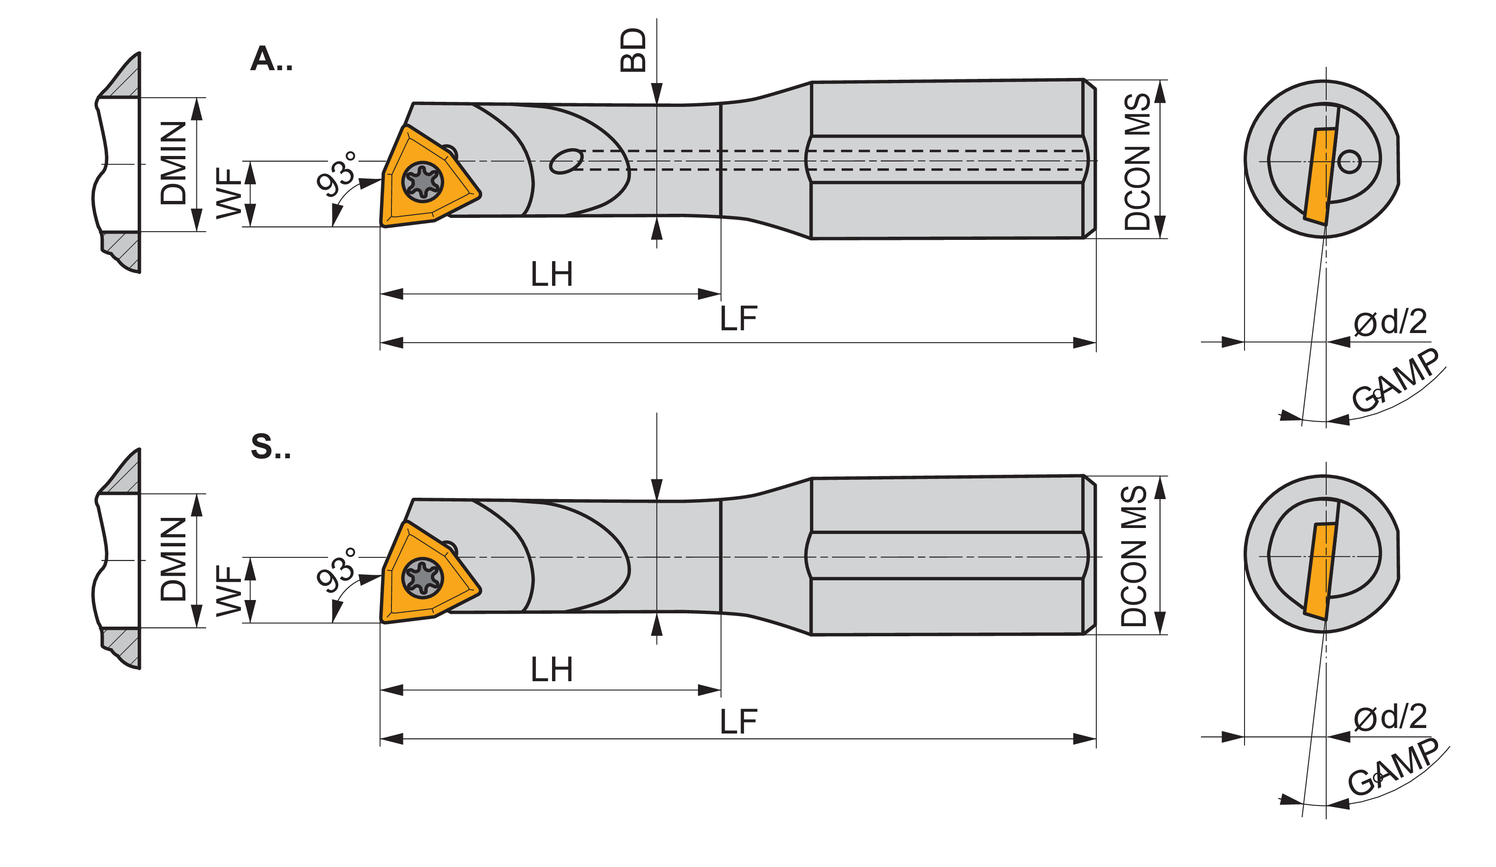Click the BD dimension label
point(633,50)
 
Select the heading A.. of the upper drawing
point(272,59)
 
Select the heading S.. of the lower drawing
point(271,446)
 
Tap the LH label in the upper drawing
point(552,274)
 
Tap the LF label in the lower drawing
point(738,722)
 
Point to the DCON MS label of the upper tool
point(1138,161)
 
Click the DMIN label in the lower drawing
point(173,559)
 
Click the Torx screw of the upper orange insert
point(423,182)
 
